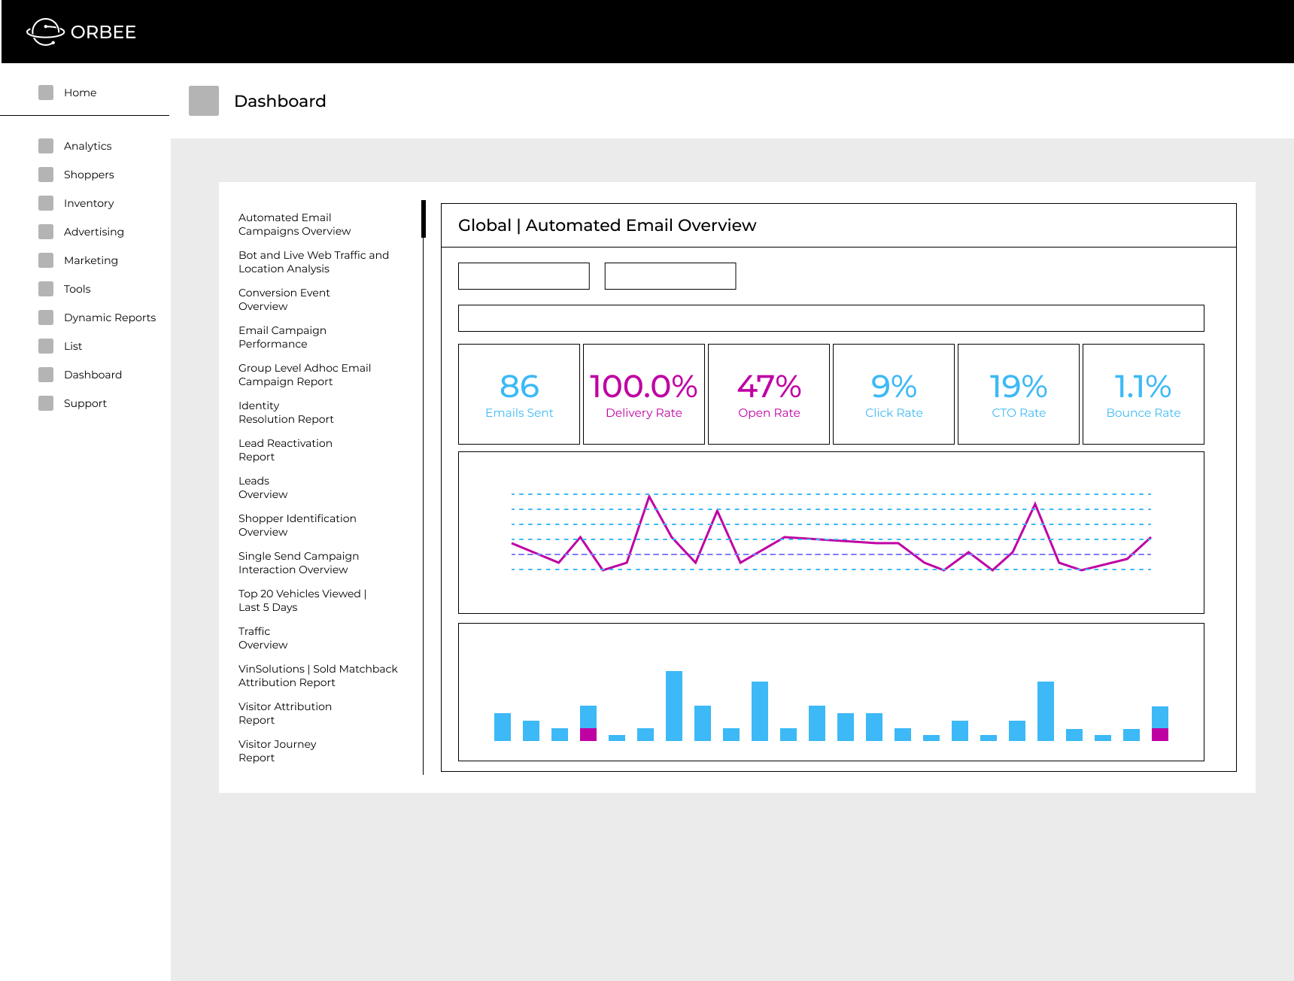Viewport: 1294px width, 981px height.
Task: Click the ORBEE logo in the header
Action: [x=81, y=32]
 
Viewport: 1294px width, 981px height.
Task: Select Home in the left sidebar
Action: [x=80, y=93]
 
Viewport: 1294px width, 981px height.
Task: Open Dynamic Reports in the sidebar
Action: [x=109, y=317]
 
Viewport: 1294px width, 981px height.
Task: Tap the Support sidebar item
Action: [x=85, y=403]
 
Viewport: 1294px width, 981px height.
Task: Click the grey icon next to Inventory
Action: [x=46, y=203]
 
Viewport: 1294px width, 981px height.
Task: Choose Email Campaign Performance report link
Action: [x=281, y=337]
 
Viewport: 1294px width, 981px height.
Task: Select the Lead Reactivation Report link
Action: [x=284, y=450]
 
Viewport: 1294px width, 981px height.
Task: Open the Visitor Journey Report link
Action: [x=276, y=751]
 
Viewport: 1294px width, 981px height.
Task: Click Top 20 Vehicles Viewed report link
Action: [x=301, y=600]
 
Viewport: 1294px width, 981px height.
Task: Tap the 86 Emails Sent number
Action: [x=519, y=387]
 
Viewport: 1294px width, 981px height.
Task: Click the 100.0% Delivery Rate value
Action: [x=643, y=387]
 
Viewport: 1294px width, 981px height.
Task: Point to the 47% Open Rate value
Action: [x=768, y=387]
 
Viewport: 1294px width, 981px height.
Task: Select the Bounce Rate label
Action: [x=1143, y=413]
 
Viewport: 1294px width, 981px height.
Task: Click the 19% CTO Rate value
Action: [x=1018, y=387]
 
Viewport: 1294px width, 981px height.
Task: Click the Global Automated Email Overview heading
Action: [x=606, y=225]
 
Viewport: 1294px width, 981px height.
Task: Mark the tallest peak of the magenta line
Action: [x=649, y=497]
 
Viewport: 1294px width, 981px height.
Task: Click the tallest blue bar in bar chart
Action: [x=673, y=706]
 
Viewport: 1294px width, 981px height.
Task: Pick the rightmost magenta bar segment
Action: [x=1159, y=734]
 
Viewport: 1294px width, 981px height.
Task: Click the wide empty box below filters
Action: [x=831, y=318]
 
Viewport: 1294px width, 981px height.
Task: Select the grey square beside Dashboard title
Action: [x=204, y=101]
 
